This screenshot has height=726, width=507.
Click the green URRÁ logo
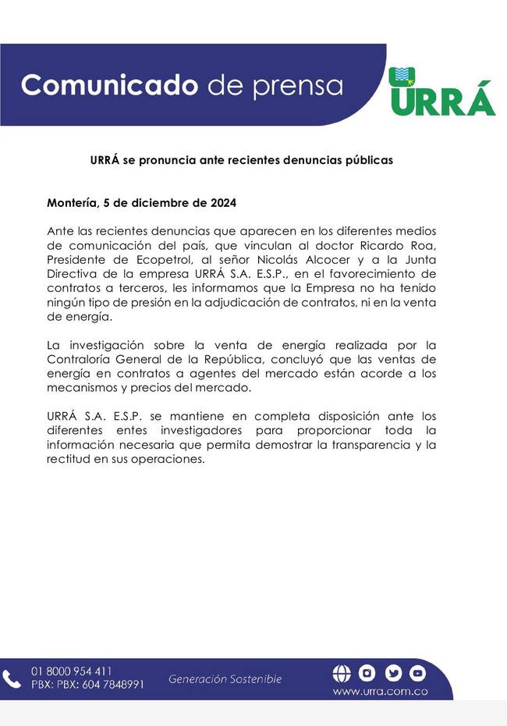(441, 92)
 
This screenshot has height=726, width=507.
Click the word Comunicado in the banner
(110, 84)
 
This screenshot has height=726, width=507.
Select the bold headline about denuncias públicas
(242, 160)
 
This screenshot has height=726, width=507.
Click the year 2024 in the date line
(223, 203)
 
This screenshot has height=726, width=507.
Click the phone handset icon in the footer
(12, 678)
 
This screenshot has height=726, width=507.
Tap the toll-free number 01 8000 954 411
(71, 671)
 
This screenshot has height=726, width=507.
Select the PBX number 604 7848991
(113, 685)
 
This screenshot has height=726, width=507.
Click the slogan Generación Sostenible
(225, 679)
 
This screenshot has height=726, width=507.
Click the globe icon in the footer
(342, 673)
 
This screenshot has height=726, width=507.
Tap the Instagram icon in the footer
(367, 673)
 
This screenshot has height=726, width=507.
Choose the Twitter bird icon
(392, 673)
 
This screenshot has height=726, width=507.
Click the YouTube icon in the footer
(417, 673)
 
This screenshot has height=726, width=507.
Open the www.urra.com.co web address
(379, 691)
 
